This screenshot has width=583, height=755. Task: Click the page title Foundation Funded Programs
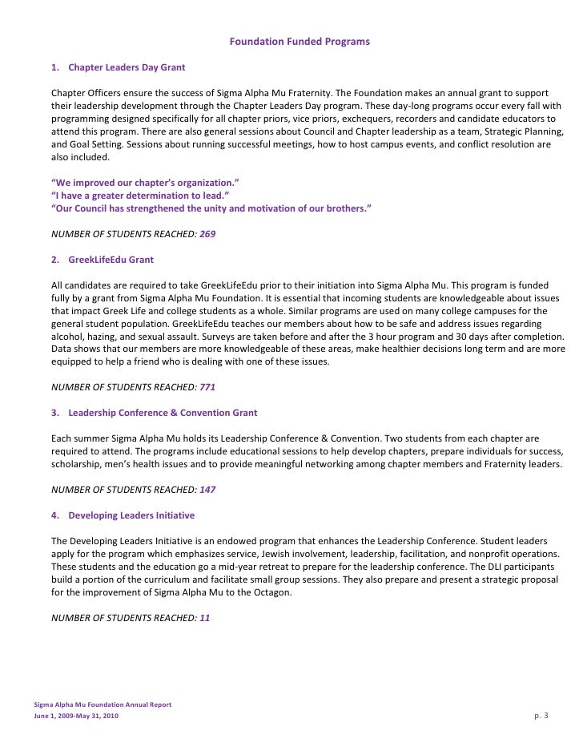[300, 41]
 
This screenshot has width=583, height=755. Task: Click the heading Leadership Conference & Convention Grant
[163, 413]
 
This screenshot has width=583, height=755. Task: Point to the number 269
[207, 234]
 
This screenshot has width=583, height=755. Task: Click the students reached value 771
[207, 387]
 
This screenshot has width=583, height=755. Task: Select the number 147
[207, 489]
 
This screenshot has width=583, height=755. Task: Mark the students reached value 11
[204, 618]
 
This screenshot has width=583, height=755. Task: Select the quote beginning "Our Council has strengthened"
[211, 208]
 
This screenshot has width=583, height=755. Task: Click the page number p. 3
[541, 715]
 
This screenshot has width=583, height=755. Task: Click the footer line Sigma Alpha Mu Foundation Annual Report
[103, 705]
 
